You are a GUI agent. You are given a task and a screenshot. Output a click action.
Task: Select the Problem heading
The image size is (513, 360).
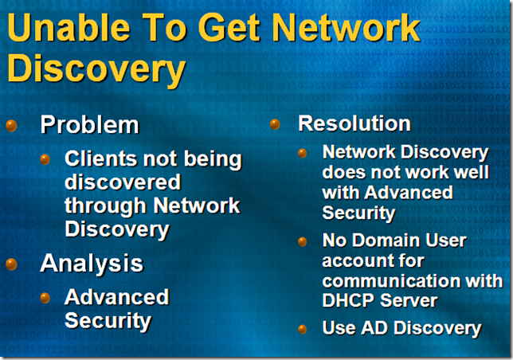[89, 125]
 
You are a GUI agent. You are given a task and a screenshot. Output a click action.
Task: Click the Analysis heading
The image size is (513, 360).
[91, 263]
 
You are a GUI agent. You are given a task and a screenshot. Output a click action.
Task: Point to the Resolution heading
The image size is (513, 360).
[354, 123]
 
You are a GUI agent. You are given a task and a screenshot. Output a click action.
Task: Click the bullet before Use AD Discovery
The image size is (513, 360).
[303, 327]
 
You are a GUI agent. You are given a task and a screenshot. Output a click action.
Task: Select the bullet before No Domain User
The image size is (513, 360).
[303, 240]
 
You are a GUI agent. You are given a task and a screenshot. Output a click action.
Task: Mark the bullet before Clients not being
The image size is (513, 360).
[45, 159]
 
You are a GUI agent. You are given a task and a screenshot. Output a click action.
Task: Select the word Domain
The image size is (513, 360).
[386, 241]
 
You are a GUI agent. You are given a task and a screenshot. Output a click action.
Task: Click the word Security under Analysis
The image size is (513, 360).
[108, 320]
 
